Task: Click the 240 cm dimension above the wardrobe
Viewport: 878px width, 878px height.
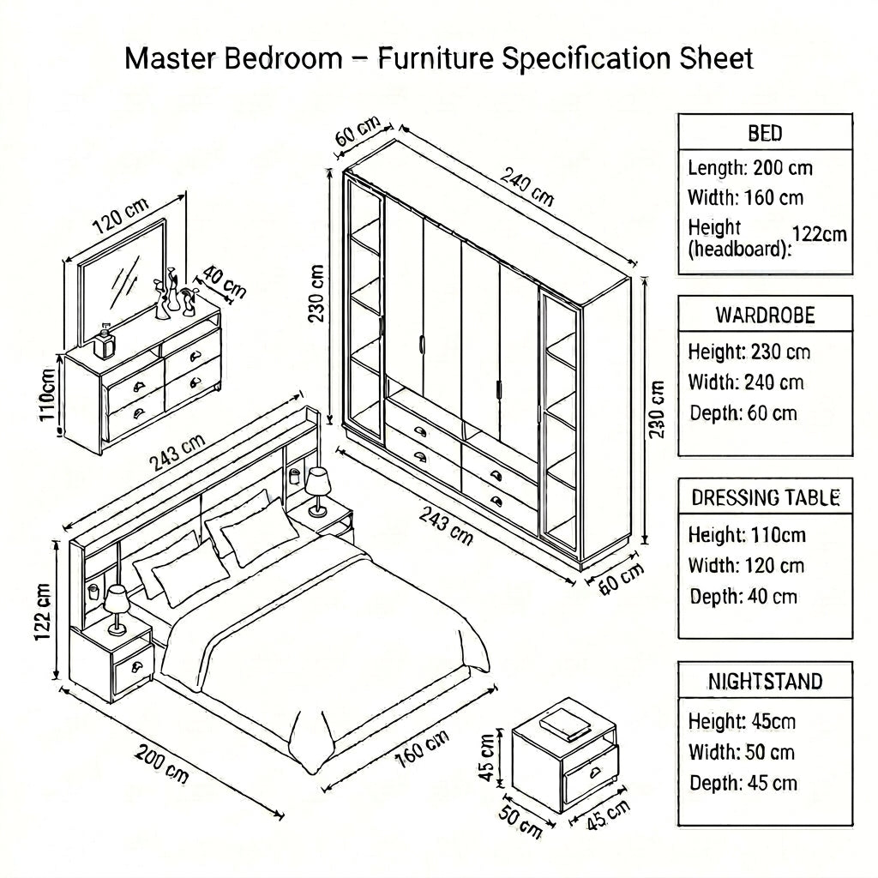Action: coord(526,186)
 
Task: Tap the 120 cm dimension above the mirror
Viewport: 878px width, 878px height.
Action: coord(120,215)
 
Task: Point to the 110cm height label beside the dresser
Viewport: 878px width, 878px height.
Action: coord(48,394)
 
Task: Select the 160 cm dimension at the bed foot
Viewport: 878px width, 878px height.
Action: coord(422,749)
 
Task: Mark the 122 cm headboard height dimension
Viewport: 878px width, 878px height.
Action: coord(43,611)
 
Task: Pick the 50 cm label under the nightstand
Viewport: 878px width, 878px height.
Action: coord(520,822)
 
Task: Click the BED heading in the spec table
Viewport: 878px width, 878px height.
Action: coord(765,133)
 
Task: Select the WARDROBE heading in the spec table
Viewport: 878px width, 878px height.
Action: coord(765,316)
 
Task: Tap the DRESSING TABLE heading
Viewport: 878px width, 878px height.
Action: coord(765,498)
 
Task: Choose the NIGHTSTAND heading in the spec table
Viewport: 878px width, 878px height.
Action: coord(765,681)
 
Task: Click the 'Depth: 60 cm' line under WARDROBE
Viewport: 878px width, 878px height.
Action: coord(743,413)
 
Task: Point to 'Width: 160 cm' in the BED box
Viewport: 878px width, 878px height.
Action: coord(745,198)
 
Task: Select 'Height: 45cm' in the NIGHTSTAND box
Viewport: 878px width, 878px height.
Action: coord(742,721)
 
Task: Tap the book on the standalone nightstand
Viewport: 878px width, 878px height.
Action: coord(565,724)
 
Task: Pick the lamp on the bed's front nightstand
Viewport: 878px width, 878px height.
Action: coord(117,610)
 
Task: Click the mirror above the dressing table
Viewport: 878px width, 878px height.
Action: coord(122,281)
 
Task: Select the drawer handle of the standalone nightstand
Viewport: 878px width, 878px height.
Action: coord(593,773)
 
